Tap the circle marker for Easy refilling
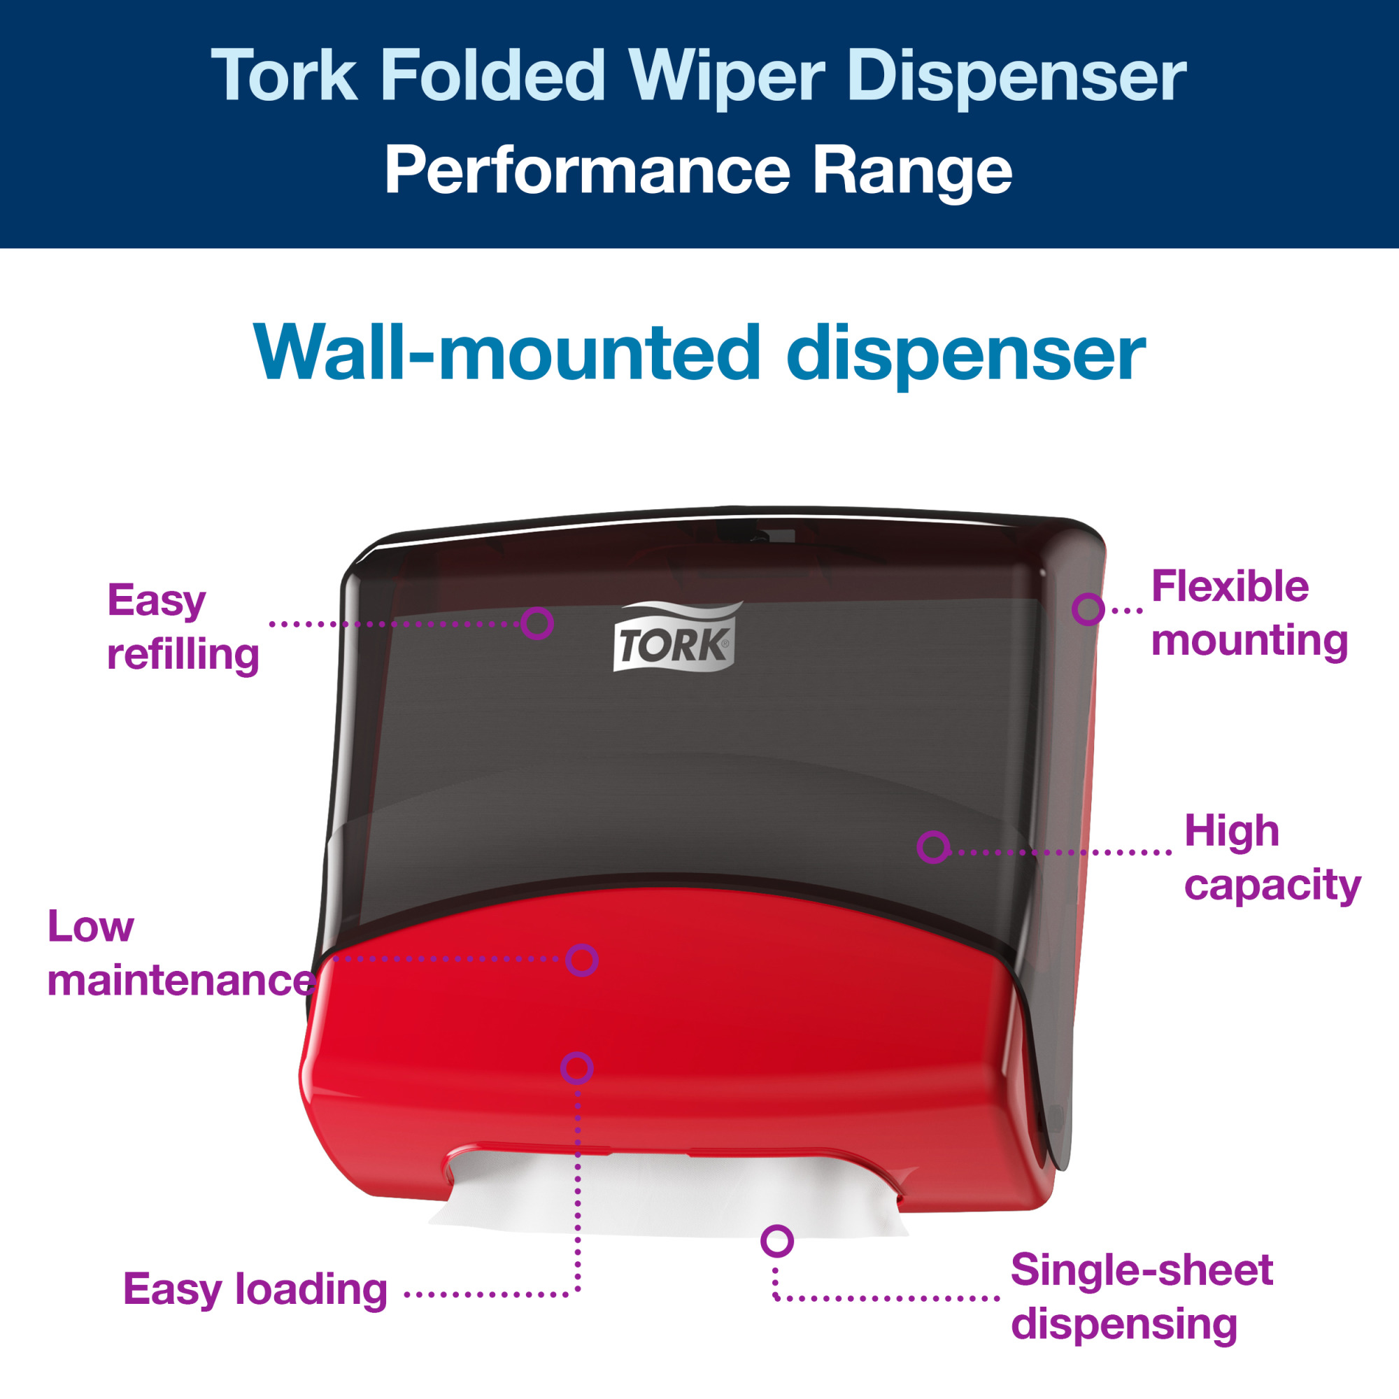tap(537, 623)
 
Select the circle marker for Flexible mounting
tap(1088, 609)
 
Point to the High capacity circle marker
tap(933, 846)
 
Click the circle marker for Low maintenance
tap(581, 960)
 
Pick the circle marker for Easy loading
tap(577, 1068)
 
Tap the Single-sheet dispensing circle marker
tap(777, 1241)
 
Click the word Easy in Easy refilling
tap(157, 600)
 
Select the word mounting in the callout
tap(1250, 640)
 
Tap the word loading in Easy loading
tap(311, 1290)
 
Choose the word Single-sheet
tap(1142, 1270)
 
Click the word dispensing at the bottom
tap(1125, 1324)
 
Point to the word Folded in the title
tap(493, 75)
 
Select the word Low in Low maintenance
tap(90, 926)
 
